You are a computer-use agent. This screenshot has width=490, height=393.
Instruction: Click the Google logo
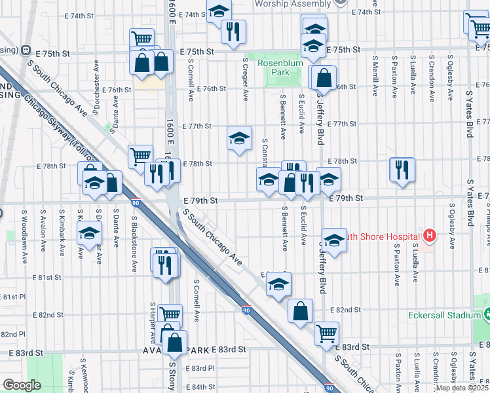[x=22, y=385]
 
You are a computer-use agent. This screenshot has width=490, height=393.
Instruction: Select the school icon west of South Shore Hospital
[x=334, y=240]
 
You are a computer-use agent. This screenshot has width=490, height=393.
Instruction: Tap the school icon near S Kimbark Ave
[x=89, y=233]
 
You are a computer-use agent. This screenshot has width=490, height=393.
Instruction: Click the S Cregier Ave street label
[x=245, y=79]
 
